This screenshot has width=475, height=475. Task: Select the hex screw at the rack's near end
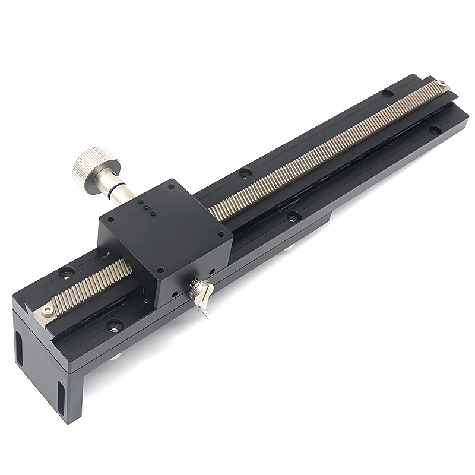[47, 309]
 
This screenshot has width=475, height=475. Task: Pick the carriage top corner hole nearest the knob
[111, 219]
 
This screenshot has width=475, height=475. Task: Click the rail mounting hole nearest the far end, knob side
[388, 93]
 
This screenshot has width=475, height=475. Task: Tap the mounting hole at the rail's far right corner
[435, 129]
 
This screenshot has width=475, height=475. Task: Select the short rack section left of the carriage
[89, 288]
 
